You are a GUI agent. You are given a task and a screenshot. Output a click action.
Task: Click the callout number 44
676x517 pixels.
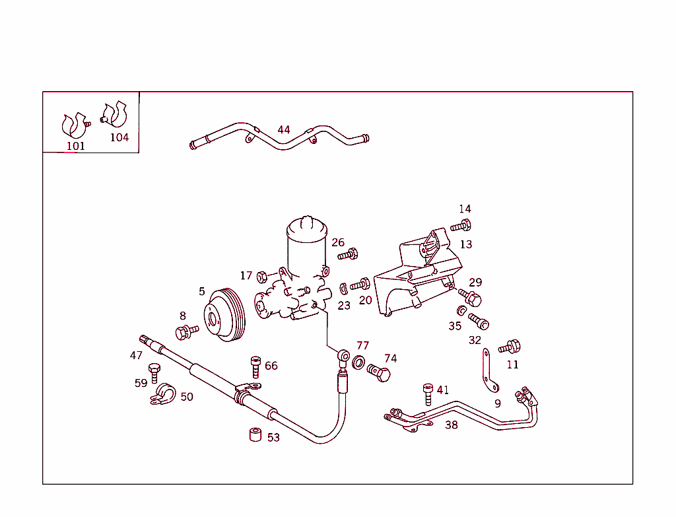click(x=283, y=129)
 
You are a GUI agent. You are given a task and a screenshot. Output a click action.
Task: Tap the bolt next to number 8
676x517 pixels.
click(x=187, y=330)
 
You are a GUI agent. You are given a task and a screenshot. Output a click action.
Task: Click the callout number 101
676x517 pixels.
click(x=75, y=146)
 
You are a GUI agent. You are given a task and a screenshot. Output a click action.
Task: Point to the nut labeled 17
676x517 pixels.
click(x=261, y=275)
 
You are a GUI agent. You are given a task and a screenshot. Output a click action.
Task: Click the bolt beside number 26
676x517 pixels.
click(x=348, y=254)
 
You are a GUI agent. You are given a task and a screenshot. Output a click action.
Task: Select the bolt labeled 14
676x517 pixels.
click(x=461, y=225)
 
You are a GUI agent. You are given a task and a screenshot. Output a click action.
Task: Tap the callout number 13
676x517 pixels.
click(x=465, y=244)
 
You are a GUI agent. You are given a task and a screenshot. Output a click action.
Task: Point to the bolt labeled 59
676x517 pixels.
click(x=155, y=372)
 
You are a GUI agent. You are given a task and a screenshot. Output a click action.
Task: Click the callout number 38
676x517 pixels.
click(x=451, y=425)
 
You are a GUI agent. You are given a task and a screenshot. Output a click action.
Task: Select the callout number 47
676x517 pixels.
click(x=136, y=355)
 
